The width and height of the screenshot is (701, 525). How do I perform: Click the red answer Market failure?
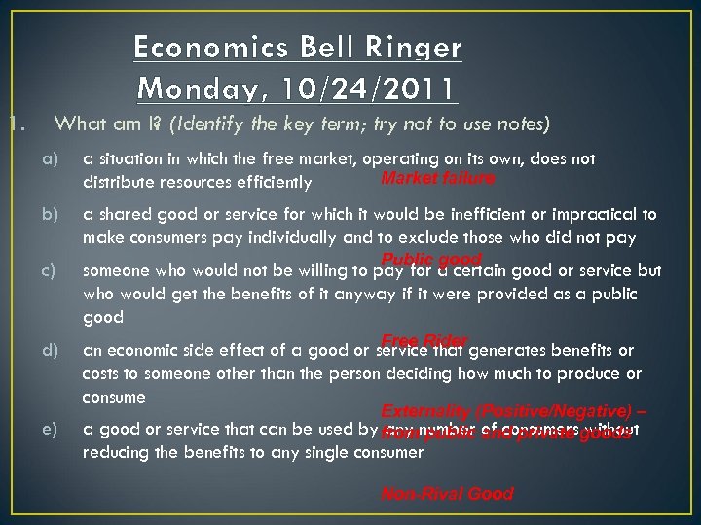click(x=438, y=179)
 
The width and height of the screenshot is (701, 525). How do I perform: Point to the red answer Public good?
click(x=431, y=260)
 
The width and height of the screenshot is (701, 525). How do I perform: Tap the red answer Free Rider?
click(x=424, y=340)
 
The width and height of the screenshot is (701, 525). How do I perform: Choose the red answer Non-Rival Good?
click(x=447, y=494)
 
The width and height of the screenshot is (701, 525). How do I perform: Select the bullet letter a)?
click(x=50, y=158)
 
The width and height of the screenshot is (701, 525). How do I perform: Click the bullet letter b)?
click(x=50, y=214)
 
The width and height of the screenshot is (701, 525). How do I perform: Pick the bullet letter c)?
click(x=50, y=270)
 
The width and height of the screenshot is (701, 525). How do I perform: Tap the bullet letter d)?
click(x=50, y=350)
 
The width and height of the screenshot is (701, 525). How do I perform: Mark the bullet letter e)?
click(x=50, y=429)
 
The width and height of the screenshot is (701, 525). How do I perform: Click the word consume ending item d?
click(x=114, y=397)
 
